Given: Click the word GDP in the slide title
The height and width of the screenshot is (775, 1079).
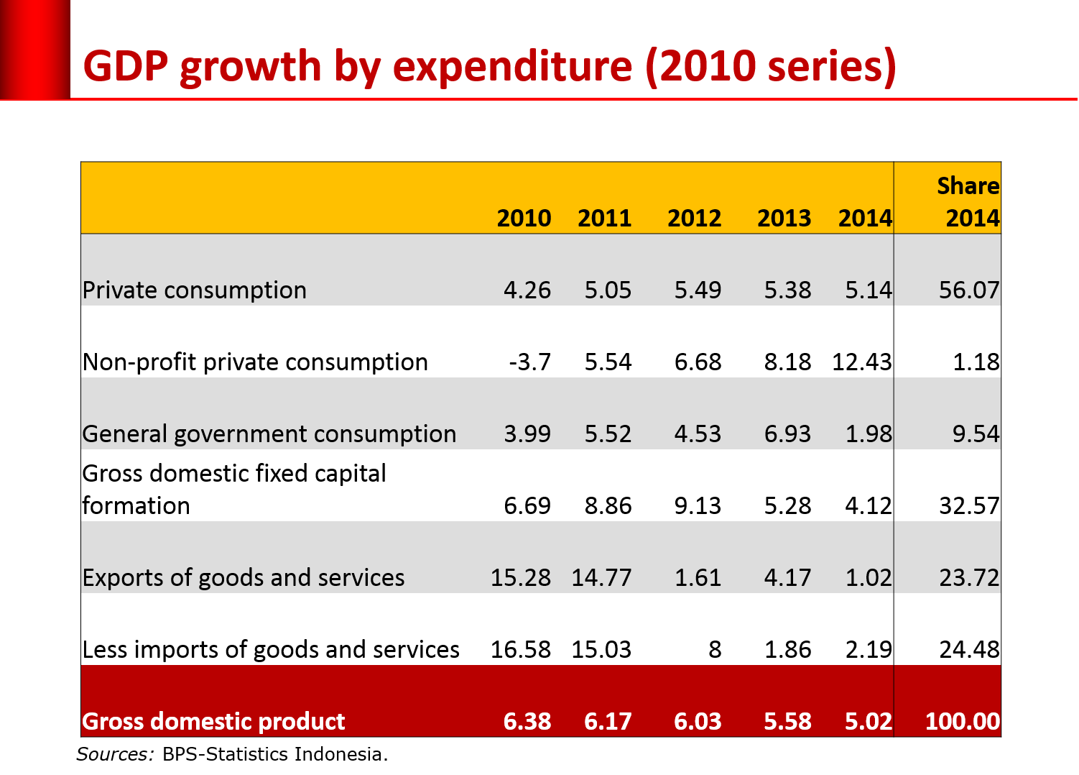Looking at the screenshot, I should click(x=126, y=67).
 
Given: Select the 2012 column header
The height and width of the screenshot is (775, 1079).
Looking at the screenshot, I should click(x=694, y=218).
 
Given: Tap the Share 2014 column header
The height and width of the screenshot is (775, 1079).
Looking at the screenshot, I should click(x=968, y=202).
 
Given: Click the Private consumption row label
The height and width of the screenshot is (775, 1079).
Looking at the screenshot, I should click(x=195, y=290).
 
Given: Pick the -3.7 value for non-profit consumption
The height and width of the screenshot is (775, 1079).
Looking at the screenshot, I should click(x=529, y=362).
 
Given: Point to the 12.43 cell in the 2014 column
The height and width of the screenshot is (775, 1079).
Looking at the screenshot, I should click(x=861, y=362).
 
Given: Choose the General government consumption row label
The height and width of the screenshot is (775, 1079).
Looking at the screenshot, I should click(x=269, y=434).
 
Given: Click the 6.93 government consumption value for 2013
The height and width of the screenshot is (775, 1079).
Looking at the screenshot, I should click(x=787, y=434).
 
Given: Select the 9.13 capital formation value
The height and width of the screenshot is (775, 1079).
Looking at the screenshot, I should click(x=698, y=506).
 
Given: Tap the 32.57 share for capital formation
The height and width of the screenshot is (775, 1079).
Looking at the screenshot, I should click(x=969, y=506).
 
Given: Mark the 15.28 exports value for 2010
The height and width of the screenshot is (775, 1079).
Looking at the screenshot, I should click(x=520, y=578).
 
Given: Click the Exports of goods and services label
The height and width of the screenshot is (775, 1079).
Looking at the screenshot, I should click(x=244, y=578).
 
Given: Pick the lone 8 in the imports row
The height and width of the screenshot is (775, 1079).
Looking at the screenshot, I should click(x=715, y=650).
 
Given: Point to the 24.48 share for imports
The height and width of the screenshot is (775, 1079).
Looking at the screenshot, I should click(x=969, y=650).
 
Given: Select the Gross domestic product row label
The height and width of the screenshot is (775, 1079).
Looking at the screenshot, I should click(x=213, y=722).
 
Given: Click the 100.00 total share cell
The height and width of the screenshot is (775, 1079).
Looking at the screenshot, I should click(x=962, y=722).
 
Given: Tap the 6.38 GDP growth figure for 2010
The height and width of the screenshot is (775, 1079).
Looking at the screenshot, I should click(x=527, y=722).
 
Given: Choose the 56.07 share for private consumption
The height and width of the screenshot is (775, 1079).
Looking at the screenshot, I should click(x=969, y=290).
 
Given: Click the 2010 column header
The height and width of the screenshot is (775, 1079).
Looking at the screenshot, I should click(x=524, y=218).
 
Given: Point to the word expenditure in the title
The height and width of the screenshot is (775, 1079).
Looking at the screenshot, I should click(x=513, y=67).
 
